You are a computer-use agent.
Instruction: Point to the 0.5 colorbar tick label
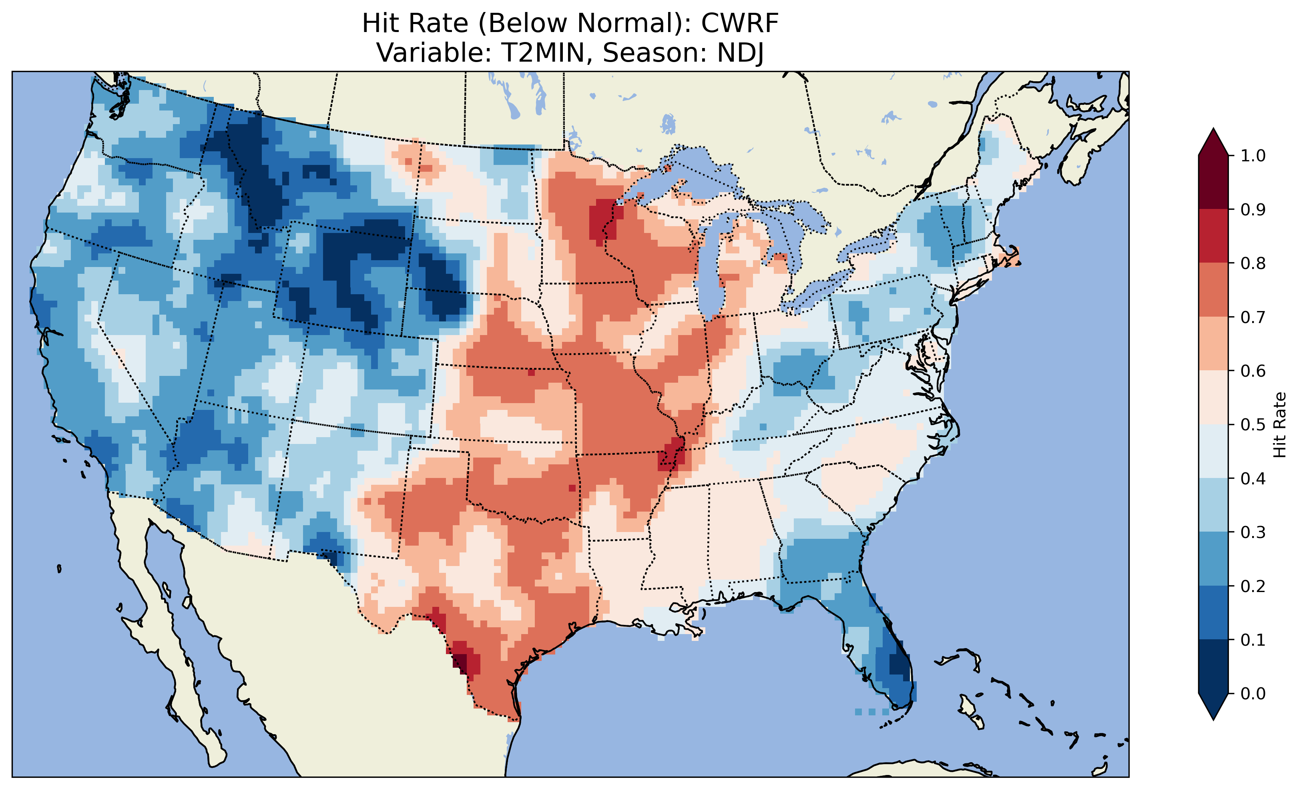point(1253,425)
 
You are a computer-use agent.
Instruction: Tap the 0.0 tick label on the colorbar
point(1253,693)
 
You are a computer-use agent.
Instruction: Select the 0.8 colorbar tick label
point(1253,263)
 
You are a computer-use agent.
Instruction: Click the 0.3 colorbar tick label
point(1253,532)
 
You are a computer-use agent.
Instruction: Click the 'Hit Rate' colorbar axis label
point(1279,425)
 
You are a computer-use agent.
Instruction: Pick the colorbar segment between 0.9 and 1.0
point(1213,182)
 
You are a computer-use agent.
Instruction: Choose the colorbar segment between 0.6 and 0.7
point(1213,343)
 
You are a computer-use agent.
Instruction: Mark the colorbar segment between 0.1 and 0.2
point(1213,612)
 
